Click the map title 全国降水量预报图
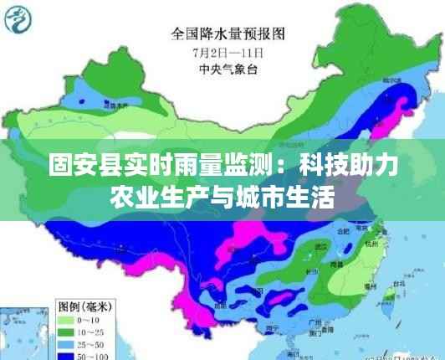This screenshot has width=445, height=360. pos(228,34)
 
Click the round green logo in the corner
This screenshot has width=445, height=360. pos(19,19)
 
